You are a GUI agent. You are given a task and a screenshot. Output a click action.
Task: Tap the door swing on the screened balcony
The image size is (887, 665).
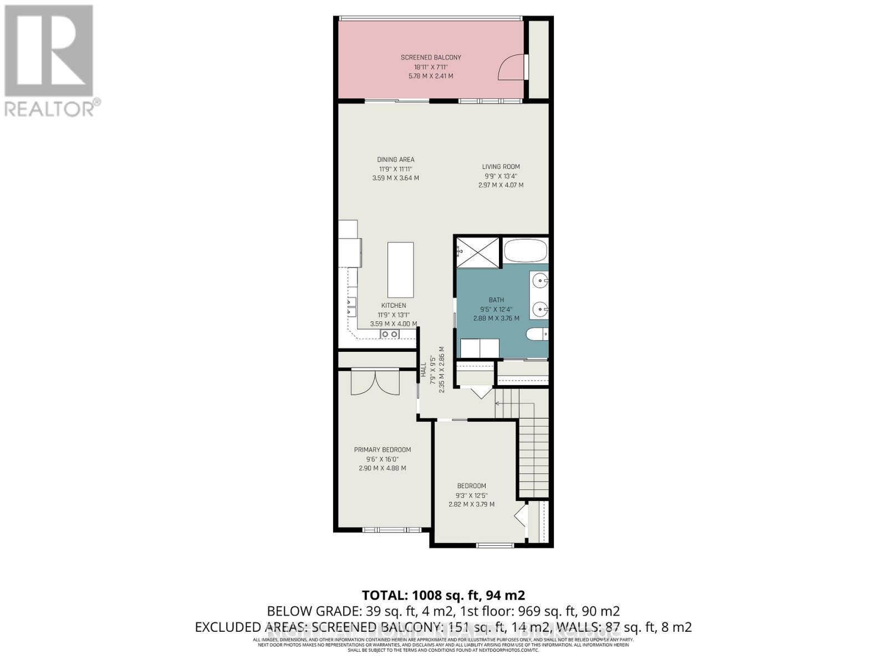point(511,68)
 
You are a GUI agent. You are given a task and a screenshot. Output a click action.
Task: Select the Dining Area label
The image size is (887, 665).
point(395,160)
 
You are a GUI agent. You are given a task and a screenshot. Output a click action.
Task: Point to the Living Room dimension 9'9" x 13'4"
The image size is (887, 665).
point(501,176)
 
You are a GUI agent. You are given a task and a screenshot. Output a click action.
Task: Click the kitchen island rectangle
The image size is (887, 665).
point(400,270)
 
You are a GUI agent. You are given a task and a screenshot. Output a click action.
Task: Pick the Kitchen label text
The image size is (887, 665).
point(394,305)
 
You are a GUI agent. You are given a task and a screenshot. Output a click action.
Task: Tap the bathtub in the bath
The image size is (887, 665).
point(525,250)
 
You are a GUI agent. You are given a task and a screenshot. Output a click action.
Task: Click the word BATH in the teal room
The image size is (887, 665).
point(496,300)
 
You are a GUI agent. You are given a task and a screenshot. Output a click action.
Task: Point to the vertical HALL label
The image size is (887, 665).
point(424,370)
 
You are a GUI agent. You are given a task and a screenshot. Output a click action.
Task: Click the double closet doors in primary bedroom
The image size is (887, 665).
point(375,382)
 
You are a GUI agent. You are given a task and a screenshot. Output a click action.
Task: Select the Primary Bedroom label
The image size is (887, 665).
point(383,449)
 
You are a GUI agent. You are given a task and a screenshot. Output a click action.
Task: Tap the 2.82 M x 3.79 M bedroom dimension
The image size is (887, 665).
point(471,504)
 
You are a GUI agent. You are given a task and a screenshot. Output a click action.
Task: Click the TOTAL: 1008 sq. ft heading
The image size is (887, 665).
point(443,595)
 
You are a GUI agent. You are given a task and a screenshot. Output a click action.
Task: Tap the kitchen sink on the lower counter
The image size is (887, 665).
point(389,334)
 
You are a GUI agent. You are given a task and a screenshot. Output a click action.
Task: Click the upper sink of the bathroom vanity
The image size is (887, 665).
point(538,282)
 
